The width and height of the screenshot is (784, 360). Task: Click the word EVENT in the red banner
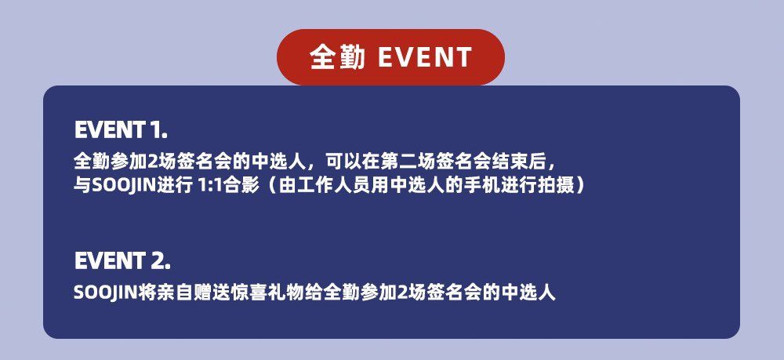point(424,57)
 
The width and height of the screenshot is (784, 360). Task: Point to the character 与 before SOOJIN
point(82,186)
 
